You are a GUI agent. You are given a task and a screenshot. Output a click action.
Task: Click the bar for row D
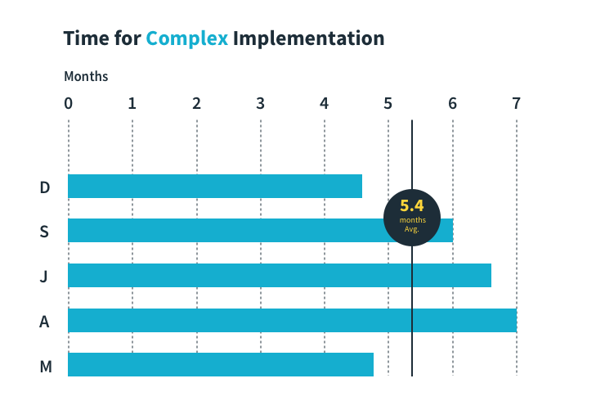click(214, 187)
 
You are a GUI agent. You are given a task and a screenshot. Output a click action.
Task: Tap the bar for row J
click(279, 276)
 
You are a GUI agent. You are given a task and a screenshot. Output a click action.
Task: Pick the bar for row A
click(292, 320)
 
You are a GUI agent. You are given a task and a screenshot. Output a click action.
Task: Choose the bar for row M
click(220, 364)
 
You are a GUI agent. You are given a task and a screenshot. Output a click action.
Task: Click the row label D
click(45, 187)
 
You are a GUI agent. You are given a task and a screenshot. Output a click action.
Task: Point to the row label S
click(44, 232)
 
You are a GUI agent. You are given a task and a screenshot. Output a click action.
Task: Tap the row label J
click(44, 277)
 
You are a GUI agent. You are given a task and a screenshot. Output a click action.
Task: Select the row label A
click(44, 321)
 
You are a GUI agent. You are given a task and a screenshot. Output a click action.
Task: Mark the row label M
click(46, 366)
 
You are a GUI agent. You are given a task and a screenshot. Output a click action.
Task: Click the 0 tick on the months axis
click(69, 104)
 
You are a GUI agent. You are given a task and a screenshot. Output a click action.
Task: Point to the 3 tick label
click(260, 104)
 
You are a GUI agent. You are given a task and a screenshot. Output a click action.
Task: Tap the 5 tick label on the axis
click(388, 104)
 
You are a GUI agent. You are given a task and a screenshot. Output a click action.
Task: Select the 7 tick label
click(516, 104)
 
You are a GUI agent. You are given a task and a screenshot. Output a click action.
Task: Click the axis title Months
click(86, 77)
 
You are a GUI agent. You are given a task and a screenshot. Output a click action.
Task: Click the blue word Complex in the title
click(187, 38)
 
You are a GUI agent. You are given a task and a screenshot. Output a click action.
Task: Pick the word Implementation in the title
click(308, 38)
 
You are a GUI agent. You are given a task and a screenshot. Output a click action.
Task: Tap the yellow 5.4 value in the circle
click(412, 206)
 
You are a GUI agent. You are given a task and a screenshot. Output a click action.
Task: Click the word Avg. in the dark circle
click(412, 229)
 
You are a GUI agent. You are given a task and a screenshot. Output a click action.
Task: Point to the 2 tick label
click(196, 104)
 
